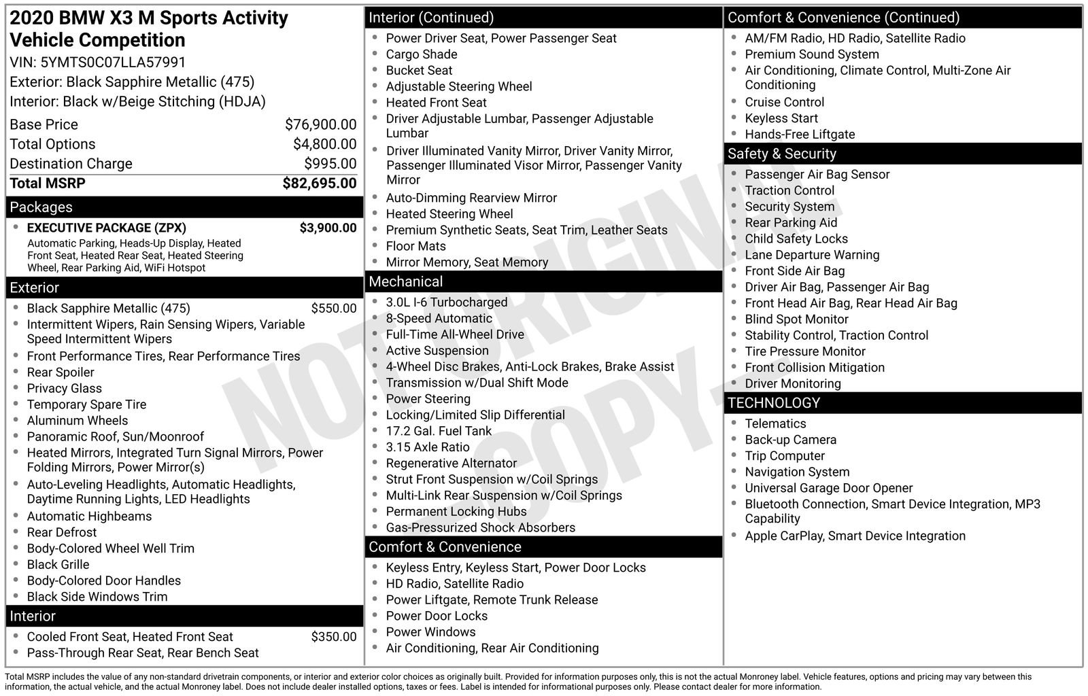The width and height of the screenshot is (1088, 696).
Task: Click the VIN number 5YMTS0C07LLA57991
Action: pos(113,63)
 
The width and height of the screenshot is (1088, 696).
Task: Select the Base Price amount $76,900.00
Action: pos(320,124)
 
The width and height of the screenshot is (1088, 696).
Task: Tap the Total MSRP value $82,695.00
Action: pos(319,184)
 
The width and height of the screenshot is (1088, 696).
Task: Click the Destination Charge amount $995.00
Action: pos(330,164)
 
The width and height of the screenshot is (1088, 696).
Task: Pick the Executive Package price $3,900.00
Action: pos(328,228)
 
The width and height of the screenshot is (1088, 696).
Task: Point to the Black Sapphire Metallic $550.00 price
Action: pos(333,308)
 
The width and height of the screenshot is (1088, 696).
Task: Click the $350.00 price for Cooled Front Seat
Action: pos(333,637)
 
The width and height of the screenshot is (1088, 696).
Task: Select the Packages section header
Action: pos(41,207)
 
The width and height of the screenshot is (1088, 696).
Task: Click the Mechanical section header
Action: pos(405,281)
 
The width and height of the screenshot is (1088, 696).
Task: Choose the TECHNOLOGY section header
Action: pos(773,403)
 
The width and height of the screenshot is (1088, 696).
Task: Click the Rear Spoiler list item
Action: pos(61,372)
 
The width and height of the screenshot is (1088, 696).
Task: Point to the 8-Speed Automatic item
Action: pos(439,318)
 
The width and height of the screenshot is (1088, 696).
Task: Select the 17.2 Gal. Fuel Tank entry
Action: pos(438,431)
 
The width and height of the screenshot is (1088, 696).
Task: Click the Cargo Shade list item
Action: pos(421,54)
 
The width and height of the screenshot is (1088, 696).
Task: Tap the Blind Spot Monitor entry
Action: pos(796,319)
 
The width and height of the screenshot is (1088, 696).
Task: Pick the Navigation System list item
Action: pos(797,472)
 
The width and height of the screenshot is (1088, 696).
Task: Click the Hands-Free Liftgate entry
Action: pos(800,135)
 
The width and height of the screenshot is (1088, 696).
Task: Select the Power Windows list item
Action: pos(430,632)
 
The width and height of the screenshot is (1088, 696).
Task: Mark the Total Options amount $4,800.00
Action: pos(324,144)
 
